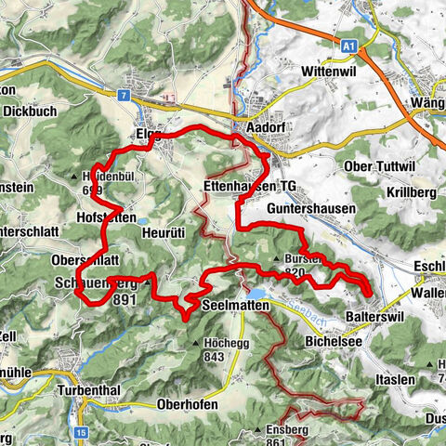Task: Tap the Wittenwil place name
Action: [330, 72]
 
